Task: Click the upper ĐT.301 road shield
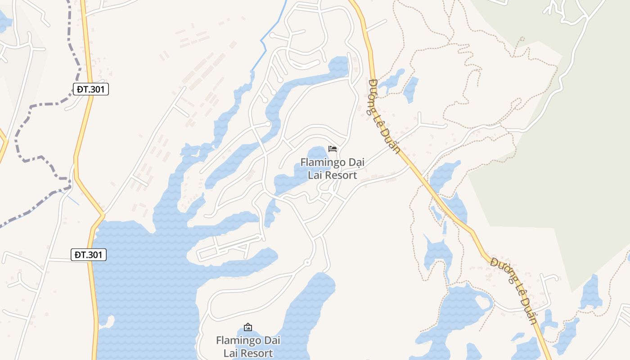click(x=90, y=89)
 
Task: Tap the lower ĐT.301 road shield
click(x=89, y=255)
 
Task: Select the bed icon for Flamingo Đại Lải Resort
click(x=333, y=149)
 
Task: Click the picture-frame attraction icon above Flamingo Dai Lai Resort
click(x=247, y=327)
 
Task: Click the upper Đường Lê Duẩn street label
click(x=384, y=116)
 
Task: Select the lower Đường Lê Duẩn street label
click(x=514, y=290)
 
